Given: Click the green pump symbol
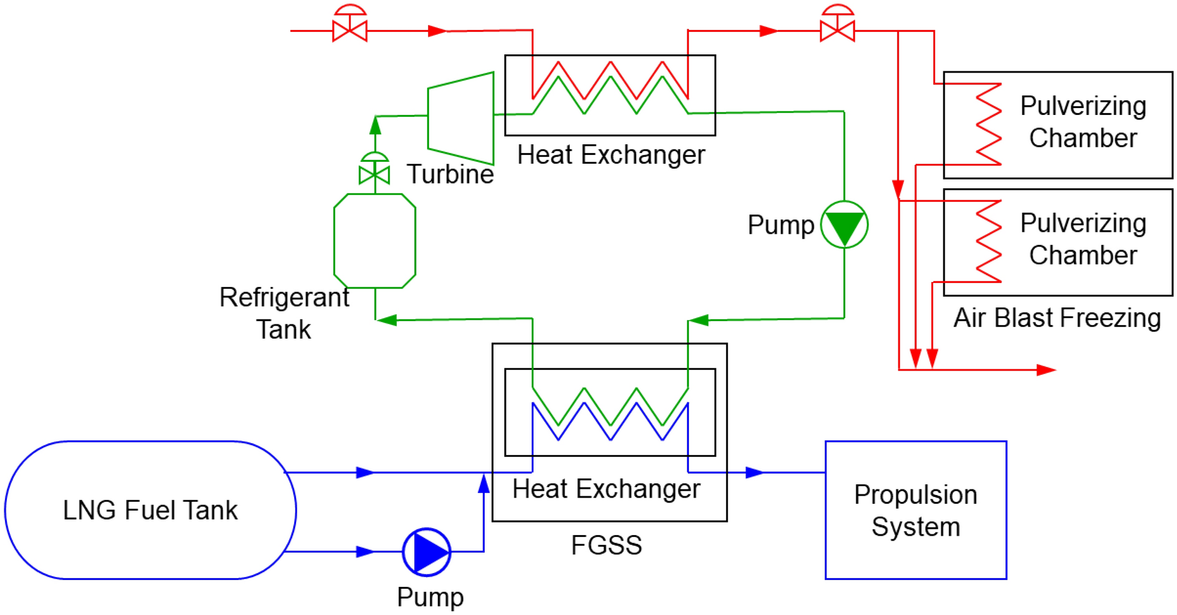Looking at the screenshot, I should click(843, 225).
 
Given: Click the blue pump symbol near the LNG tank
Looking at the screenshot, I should click(427, 552).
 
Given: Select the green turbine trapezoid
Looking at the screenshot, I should click(461, 118).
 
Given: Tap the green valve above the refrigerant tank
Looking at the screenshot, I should click(374, 173).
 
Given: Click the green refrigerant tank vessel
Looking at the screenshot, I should click(374, 241).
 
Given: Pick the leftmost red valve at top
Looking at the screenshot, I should click(350, 29).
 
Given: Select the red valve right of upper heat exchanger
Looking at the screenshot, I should click(837, 29).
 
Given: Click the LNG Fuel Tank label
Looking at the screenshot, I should click(150, 510).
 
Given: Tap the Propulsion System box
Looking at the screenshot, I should click(915, 510).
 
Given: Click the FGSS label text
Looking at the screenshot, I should click(606, 545).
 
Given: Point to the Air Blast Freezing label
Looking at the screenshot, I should click(1056, 318).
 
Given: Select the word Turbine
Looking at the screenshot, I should click(450, 174).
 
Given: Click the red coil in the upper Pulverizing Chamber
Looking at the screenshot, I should click(988, 124).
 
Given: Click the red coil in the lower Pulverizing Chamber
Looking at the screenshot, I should click(988, 241).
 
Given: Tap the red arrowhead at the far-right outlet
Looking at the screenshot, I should click(1045, 370).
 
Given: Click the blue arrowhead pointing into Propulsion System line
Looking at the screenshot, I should click(754, 472).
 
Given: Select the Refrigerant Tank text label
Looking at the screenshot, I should click(284, 313).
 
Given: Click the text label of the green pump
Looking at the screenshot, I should click(780, 225).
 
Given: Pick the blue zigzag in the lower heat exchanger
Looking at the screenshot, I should click(610, 422).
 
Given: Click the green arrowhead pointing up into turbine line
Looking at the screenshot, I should click(375, 126).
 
